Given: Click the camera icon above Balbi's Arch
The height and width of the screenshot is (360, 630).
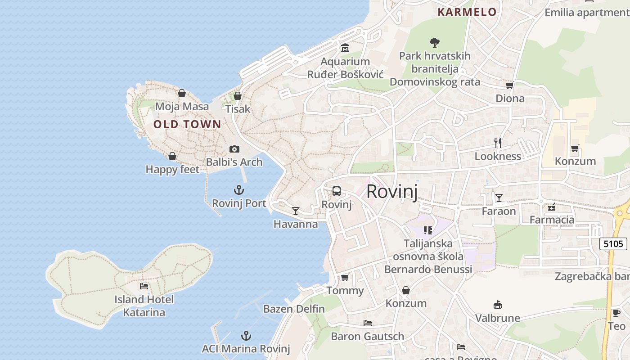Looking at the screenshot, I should (x=234, y=149).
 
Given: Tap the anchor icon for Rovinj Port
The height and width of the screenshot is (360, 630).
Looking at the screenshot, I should (x=239, y=190).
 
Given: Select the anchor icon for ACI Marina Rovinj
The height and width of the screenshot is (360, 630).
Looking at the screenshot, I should (x=246, y=335).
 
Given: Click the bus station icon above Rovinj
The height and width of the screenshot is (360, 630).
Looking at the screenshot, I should (x=336, y=191).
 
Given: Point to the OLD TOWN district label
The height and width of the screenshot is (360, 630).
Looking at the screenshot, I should (x=187, y=124).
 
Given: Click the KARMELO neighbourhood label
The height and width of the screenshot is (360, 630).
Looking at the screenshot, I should (x=467, y=12).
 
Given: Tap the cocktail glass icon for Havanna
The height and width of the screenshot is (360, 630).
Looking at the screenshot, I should (x=295, y=211).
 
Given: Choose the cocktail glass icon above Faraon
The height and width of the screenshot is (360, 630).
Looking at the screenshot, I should (x=499, y=198).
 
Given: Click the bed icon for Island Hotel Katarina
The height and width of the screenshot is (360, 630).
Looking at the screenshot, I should (x=144, y=286).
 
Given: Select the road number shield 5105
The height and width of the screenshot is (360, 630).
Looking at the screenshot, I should (x=613, y=244).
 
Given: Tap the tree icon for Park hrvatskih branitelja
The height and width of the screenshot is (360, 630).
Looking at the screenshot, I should (x=434, y=43).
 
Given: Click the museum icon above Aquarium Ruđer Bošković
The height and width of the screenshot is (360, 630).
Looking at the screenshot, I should (x=345, y=48).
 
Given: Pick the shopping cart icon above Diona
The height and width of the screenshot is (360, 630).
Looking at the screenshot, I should (x=509, y=85).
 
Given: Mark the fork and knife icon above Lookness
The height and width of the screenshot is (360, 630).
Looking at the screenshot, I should (x=498, y=143).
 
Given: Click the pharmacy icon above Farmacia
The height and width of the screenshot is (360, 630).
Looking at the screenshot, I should (x=552, y=207).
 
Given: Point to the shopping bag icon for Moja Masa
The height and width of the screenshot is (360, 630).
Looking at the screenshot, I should (x=182, y=93).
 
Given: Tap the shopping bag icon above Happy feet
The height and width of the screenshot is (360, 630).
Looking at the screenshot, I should (x=172, y=156).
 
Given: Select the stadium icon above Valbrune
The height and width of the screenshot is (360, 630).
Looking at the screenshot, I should (x=497, y=305).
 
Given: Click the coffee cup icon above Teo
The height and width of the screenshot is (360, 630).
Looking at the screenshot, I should (x=616, y=313).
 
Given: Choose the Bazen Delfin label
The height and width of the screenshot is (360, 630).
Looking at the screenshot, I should (x=294, y=309).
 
